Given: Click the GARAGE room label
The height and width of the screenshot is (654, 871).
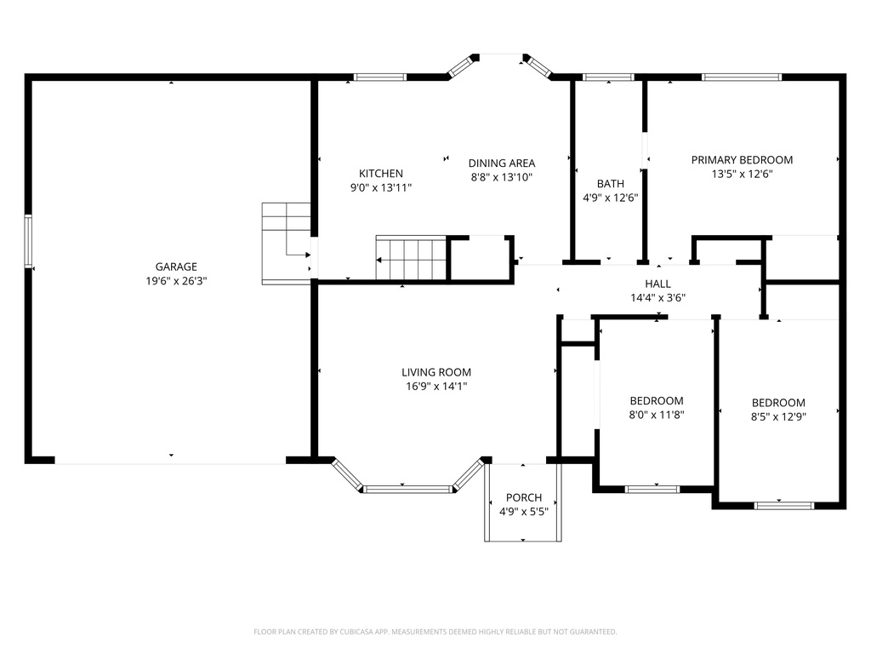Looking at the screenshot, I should pos(175,267).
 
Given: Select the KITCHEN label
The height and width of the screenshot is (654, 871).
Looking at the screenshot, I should pos(380,174).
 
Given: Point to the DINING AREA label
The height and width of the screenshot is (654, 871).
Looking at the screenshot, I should pos(502,163).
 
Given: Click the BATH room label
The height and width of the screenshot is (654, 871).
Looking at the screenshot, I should pos(610,184).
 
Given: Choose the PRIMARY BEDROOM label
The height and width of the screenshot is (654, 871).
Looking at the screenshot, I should pos(742,160).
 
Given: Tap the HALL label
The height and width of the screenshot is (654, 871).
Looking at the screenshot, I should pos(658,284).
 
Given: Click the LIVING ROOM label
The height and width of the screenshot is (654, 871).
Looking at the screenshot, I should pos(436,372).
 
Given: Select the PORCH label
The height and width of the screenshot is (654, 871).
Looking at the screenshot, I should pos(523,498).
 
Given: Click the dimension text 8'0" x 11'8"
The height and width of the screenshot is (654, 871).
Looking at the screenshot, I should pos(657,415).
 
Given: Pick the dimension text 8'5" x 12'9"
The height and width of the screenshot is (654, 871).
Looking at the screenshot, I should pos(778,416).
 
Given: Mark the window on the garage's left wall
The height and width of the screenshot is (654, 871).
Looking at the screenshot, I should pos(28,242).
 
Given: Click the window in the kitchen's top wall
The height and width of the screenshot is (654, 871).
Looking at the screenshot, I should pos(380,77).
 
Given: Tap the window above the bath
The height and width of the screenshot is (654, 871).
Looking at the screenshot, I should pos(608,77).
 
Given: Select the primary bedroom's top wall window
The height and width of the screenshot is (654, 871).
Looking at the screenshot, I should pos(741,77).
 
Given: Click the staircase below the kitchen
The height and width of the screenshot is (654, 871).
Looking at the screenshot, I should pos(411,258).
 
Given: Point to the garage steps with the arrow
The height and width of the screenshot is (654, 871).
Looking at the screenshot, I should pos(287,242).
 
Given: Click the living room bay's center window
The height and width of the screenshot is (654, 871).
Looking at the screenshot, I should pos(407,489).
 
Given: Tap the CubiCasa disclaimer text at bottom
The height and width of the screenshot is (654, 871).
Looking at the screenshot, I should pos(435,632).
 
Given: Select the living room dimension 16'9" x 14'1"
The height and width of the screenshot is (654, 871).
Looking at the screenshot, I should pos(436,386).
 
